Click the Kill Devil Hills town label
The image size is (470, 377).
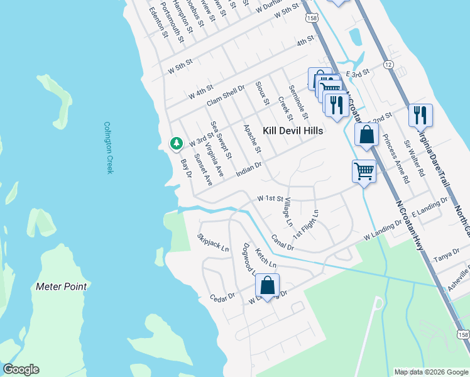tap(293, 131)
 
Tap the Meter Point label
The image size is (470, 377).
tap(61, 287)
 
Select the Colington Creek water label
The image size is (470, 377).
tap(108, 148)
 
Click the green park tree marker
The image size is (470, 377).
tap(177, 144)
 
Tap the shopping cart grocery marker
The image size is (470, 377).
tap(364, 170)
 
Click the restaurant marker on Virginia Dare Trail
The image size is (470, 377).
tap(420, 116)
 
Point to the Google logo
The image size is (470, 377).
tap(20, 369)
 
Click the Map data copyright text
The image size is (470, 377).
tap(430, 372)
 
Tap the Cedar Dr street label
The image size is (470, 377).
tap(222, 297)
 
